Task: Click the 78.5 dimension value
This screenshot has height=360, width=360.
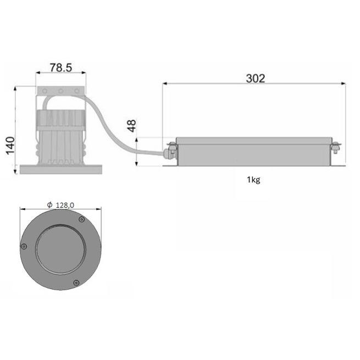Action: [61, 68]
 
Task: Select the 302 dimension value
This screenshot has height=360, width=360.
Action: [256, 79]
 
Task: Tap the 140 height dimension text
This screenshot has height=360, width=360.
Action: [10, 146]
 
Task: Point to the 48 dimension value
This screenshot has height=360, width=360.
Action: [131, 126]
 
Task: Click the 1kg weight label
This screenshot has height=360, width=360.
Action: [254, 180]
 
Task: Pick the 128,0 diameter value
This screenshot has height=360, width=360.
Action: [65, 205]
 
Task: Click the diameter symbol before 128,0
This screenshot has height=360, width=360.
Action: [50, 204]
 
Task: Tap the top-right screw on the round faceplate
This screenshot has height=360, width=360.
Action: [81, 220]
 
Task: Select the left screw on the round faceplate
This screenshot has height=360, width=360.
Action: [24, 246]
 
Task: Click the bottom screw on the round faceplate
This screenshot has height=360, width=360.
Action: [76, 283]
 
